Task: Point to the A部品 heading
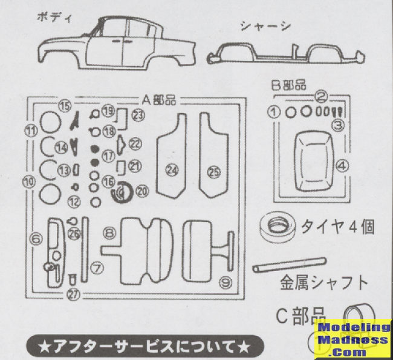160,99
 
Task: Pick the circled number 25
213,172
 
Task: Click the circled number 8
109,232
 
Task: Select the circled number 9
226,281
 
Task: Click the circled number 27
73,295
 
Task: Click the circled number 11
30,129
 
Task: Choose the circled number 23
139,114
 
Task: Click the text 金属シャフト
323,283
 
